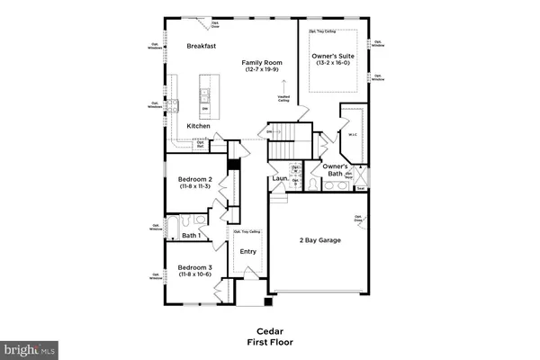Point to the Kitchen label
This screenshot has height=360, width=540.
199,126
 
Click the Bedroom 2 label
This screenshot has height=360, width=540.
194,180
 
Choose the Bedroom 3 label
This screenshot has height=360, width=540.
194,267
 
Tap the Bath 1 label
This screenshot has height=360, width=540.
190,236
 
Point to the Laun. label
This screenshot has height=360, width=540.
279,178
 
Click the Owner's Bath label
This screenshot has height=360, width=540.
336,170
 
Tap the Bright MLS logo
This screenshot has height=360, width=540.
30,346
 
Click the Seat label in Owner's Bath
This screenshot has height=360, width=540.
360,188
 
